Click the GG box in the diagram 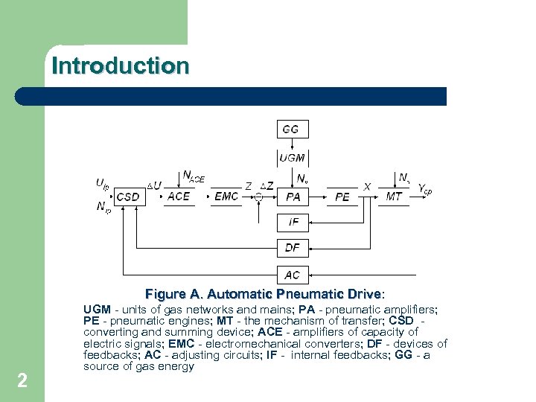(x=291, y=130)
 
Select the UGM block (x=292, y=157)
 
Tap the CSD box (x=128, y=197)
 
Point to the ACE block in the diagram (x=179, y=197)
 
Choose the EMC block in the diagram (x=226, y=197)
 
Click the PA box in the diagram (x=293, y=197)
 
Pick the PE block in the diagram (x=342, y=197)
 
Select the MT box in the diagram (x=394, y=197)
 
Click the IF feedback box (x=293, y=222)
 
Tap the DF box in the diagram (x=293, y=247)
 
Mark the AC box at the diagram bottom (x=293, y=275)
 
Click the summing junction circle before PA (x=258, y=197)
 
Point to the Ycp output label (x=424, y=190)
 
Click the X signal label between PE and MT (x=367, y=187)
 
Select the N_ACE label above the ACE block (x=194, y=176)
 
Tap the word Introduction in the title (x=121, y=66)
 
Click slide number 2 (x=22, y=381)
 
